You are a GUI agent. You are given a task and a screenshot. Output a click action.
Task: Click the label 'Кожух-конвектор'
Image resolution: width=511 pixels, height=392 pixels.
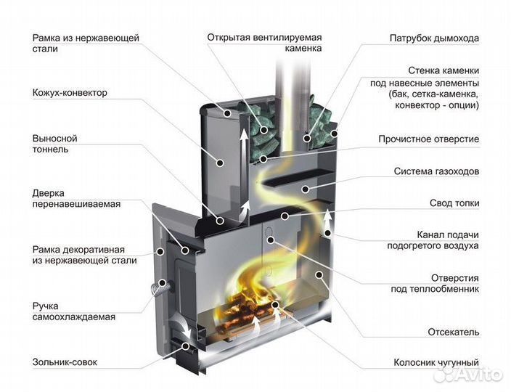tap(70, 94)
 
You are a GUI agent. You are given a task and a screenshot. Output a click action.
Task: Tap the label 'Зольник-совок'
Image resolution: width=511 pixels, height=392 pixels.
tap(65, 362)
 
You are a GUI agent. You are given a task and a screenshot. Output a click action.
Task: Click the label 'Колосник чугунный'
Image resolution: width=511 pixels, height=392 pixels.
tap(436, 362)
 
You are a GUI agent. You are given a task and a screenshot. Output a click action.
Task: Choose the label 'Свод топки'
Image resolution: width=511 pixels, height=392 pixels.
tap(454, 204)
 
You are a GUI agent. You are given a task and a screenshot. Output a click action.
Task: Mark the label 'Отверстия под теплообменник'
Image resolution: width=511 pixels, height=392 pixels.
tap(434, 283)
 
